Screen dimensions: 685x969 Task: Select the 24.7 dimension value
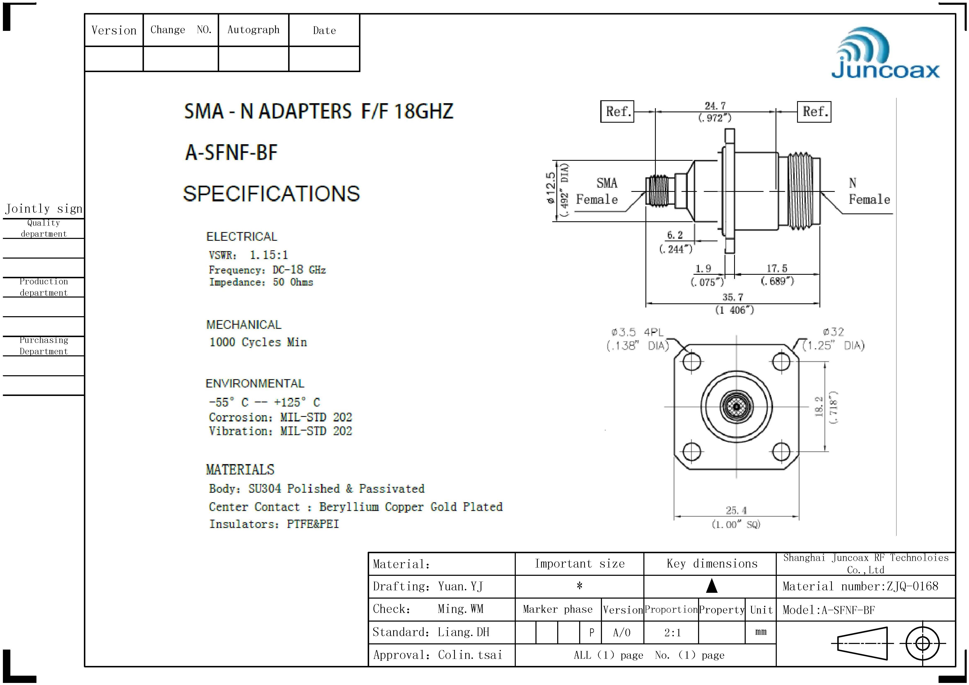point(715,105)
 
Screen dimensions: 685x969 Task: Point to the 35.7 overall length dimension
point(733,297)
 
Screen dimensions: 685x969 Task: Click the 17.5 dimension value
point(777,269)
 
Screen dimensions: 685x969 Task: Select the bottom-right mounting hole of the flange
point(781,452)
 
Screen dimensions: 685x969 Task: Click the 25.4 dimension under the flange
point(736,510)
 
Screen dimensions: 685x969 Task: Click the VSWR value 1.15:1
point(269,255)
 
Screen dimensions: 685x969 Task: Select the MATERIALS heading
point(240,469)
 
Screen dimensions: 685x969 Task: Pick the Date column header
point(324,30)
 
